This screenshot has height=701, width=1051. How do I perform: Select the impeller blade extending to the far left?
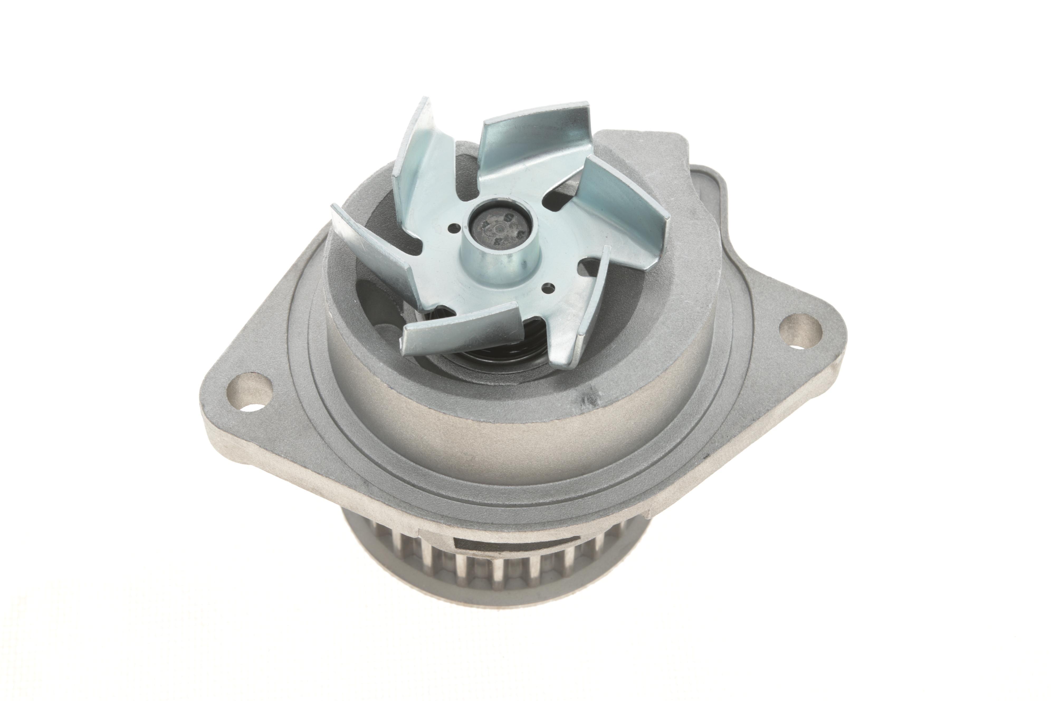(371, 241)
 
